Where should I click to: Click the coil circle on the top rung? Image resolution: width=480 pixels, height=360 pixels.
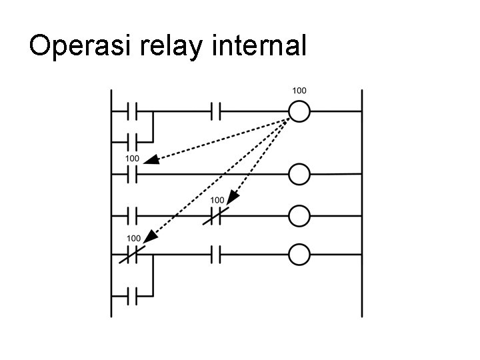pyautogui.click(x=299, y=111)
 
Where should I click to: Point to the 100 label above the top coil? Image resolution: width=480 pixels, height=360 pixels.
pyautogui.click(x=299, y=90)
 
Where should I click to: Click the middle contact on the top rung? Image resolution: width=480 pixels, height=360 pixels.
pyautogui.click(x=216, y=111)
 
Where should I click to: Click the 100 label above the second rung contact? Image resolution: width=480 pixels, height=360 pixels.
pyautogui.click(x=132, y=159)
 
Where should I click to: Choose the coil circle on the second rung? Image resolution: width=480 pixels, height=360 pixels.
pyautogui.click(x=299, y=175)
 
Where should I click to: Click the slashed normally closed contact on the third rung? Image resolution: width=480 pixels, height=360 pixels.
pyautogui.click(x=217, y=215)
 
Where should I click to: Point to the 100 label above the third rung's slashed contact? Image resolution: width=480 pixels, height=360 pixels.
pyautogui.click(x=217, y=200)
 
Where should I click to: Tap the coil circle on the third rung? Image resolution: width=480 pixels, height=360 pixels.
pyautogui.click(x=299, y=215)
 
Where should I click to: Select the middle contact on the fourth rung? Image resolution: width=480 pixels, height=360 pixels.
pyautogui.click(x=216, y=254)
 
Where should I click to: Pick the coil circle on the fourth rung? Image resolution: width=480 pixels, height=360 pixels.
pyautogui.click(x=299, y=254)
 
